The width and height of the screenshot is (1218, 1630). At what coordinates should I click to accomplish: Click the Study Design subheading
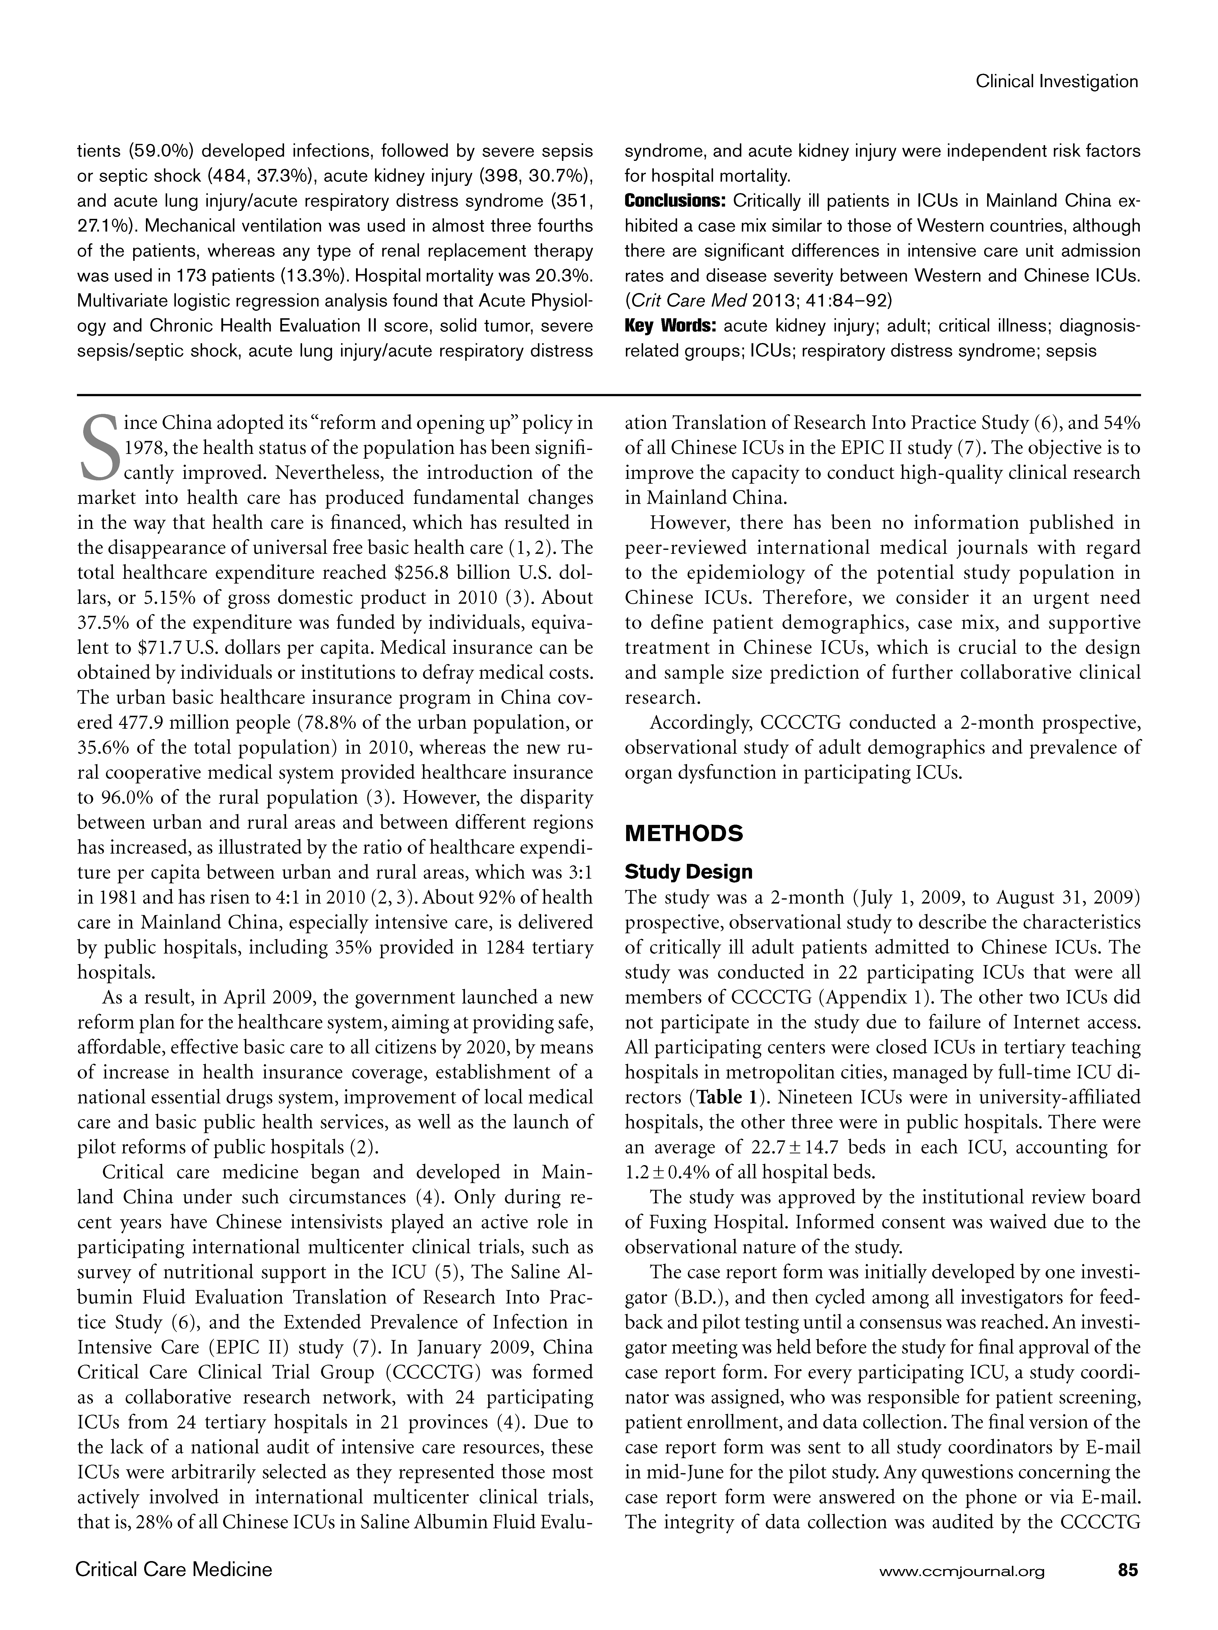[688, 872]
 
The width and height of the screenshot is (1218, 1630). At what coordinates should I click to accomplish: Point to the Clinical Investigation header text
[1057, 82]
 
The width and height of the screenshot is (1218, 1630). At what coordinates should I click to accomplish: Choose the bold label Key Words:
[671, 326]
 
